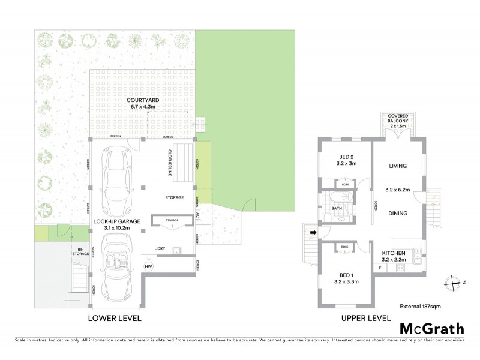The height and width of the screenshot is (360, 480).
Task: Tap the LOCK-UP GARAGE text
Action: [x=116, y=221]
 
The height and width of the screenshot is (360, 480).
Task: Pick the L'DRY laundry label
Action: [x=160, y=248]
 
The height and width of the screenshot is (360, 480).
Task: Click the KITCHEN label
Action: [x=398, y=253]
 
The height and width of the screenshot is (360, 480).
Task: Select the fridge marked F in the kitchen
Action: [x=381, y=268]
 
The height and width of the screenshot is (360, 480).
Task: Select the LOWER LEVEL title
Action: [x=115, y=318]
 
